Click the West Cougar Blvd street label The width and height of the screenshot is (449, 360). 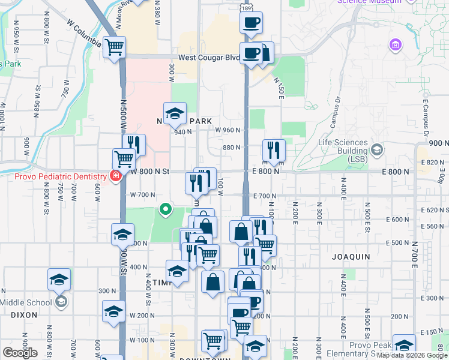tap(208, 58)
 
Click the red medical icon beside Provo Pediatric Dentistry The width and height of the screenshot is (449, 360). tap(114, 176)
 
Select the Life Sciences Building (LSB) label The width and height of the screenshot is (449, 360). tap(343, 146)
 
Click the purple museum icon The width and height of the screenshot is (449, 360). tap(395, 45)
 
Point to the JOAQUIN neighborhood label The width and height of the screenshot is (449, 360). tap(351, 256)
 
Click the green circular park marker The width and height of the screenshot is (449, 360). tap(165, 209)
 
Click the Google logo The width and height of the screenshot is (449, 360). tap(20, 352)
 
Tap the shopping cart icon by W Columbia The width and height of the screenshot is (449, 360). tap(114, 47)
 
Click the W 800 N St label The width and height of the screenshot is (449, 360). tap(150, 172)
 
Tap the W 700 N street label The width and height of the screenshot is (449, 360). tap(143, 195)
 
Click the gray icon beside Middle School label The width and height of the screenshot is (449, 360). tap(60, 301)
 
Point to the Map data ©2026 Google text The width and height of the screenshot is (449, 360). tap(412, 355)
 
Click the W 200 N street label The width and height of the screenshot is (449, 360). tap(142, 315)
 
